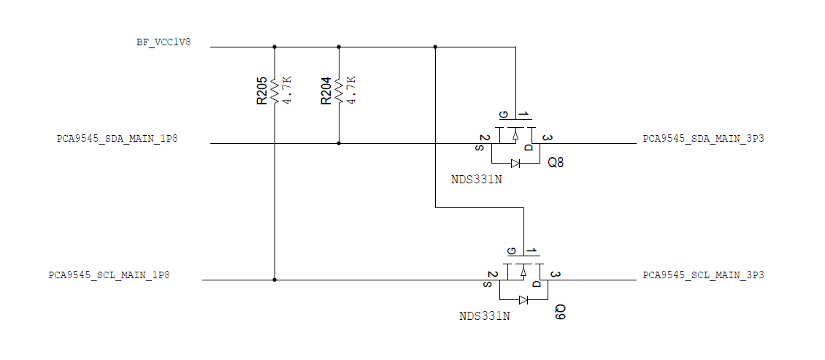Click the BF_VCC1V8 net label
pos(164,42)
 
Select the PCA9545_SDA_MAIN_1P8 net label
pos(117,138)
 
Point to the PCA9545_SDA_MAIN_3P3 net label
pos(703,138)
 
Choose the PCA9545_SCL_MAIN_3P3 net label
pos(703,275)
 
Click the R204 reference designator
pos(326,91)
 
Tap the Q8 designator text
pos(556,163)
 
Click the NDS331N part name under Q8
pos(476,180)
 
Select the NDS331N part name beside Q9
pos(484,316)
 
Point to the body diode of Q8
pos(515,163)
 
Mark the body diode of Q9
pos(523,299)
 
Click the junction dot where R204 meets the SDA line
pos(339,143)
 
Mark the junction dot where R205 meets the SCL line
pos(275,280)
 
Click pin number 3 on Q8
pos(547,138)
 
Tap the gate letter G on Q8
pos(502,115)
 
